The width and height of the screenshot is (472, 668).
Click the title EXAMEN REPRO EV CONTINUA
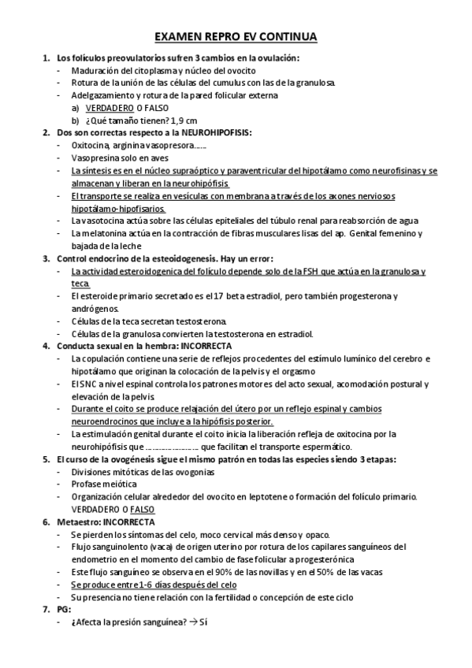point(236,37)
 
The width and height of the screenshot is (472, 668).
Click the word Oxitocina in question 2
point(90,146)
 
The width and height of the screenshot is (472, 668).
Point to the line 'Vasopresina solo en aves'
point(117,158)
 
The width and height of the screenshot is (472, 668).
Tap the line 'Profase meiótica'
point(105,484)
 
